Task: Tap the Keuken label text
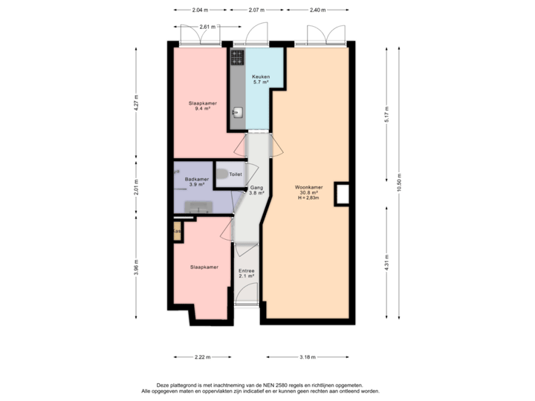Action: (x=260, y=76)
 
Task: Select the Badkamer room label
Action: (x=196, y=179)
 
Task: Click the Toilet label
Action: (x=236, y=174)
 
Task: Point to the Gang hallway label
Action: (x=256, y=189)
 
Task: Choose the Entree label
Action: (x=247, y=271)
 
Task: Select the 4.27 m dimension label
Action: (x=136, y=102)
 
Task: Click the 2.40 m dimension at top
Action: (x=316, y=10)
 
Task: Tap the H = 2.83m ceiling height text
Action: (x=308, y=198)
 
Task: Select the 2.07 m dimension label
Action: (x=255, y=10)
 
